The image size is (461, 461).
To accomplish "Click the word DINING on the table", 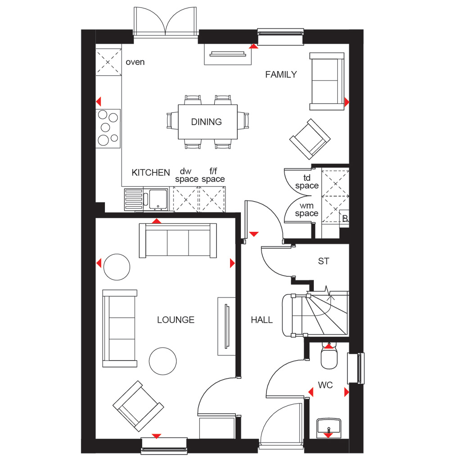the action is (206, 122).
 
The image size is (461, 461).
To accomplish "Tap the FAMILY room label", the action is (281, 75).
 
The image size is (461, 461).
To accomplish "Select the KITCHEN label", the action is (151, 172).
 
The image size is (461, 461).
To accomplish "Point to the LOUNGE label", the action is (176, 320).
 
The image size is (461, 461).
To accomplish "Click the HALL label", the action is (262, 320).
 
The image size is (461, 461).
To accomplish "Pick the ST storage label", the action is (324, 261).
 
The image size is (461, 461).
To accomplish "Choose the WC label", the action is (325, 385).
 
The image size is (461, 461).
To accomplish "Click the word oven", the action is (135, 62).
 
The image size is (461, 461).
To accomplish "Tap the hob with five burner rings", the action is (108, 128).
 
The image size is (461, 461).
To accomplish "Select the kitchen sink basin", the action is (158, 199).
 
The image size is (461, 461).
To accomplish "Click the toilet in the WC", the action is (329, 355).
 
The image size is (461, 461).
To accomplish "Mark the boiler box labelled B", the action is (344, 218).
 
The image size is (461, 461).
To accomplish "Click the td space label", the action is (307, 182).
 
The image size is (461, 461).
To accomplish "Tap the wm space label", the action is (307, 210).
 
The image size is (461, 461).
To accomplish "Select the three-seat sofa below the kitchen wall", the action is (178, 240).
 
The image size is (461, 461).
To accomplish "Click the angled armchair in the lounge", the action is (138, 406).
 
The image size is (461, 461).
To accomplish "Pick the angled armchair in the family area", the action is (310, 139).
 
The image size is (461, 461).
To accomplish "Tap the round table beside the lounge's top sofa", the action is (117, 267).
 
